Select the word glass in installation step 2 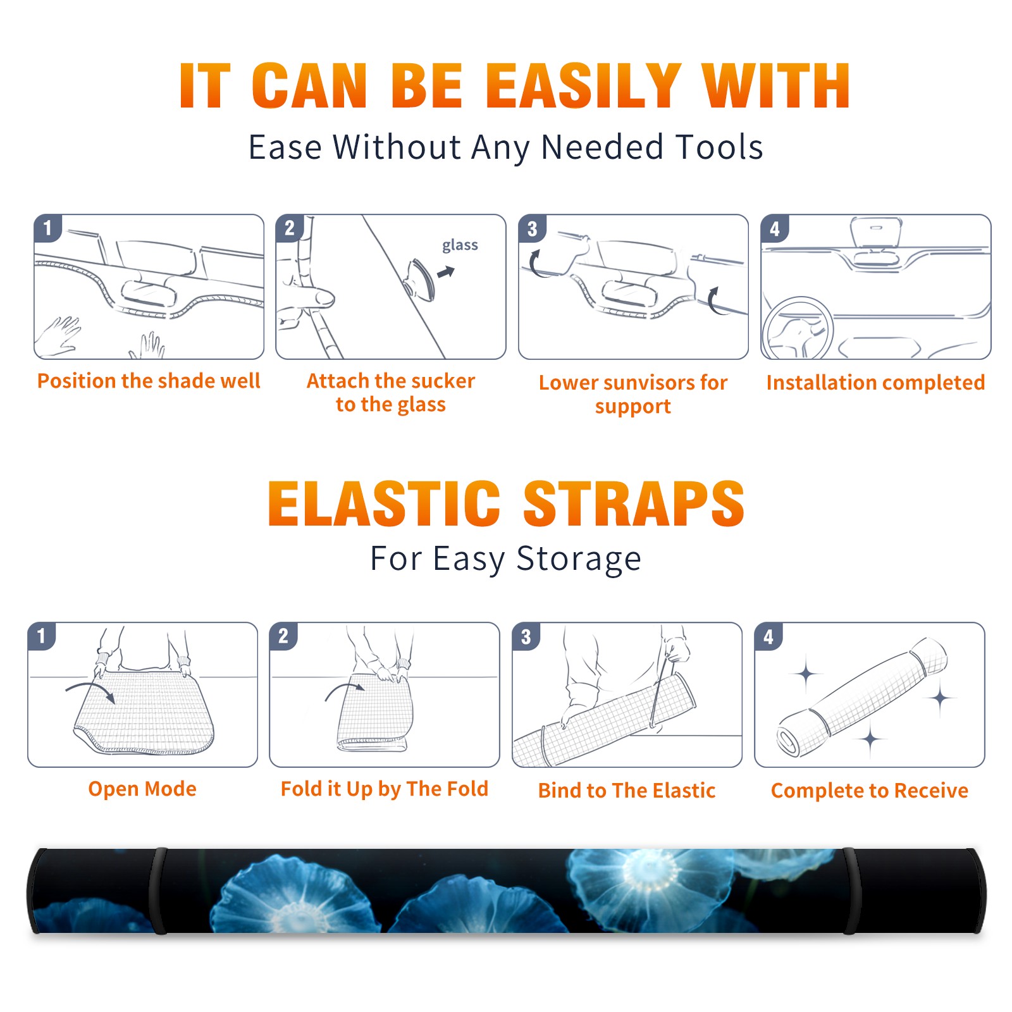tap(460, 245)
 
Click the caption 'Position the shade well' tap(149, 381)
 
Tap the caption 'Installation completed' tap(875, 382)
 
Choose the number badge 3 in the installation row tap(532, 229)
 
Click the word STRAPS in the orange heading tap(634, 503)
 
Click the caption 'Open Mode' tap(142, 789)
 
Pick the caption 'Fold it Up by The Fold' tap(385, 789)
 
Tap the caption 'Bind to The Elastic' tap(627, 791)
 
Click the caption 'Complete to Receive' tap(870, 791)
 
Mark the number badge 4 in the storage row tap(768, 637)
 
